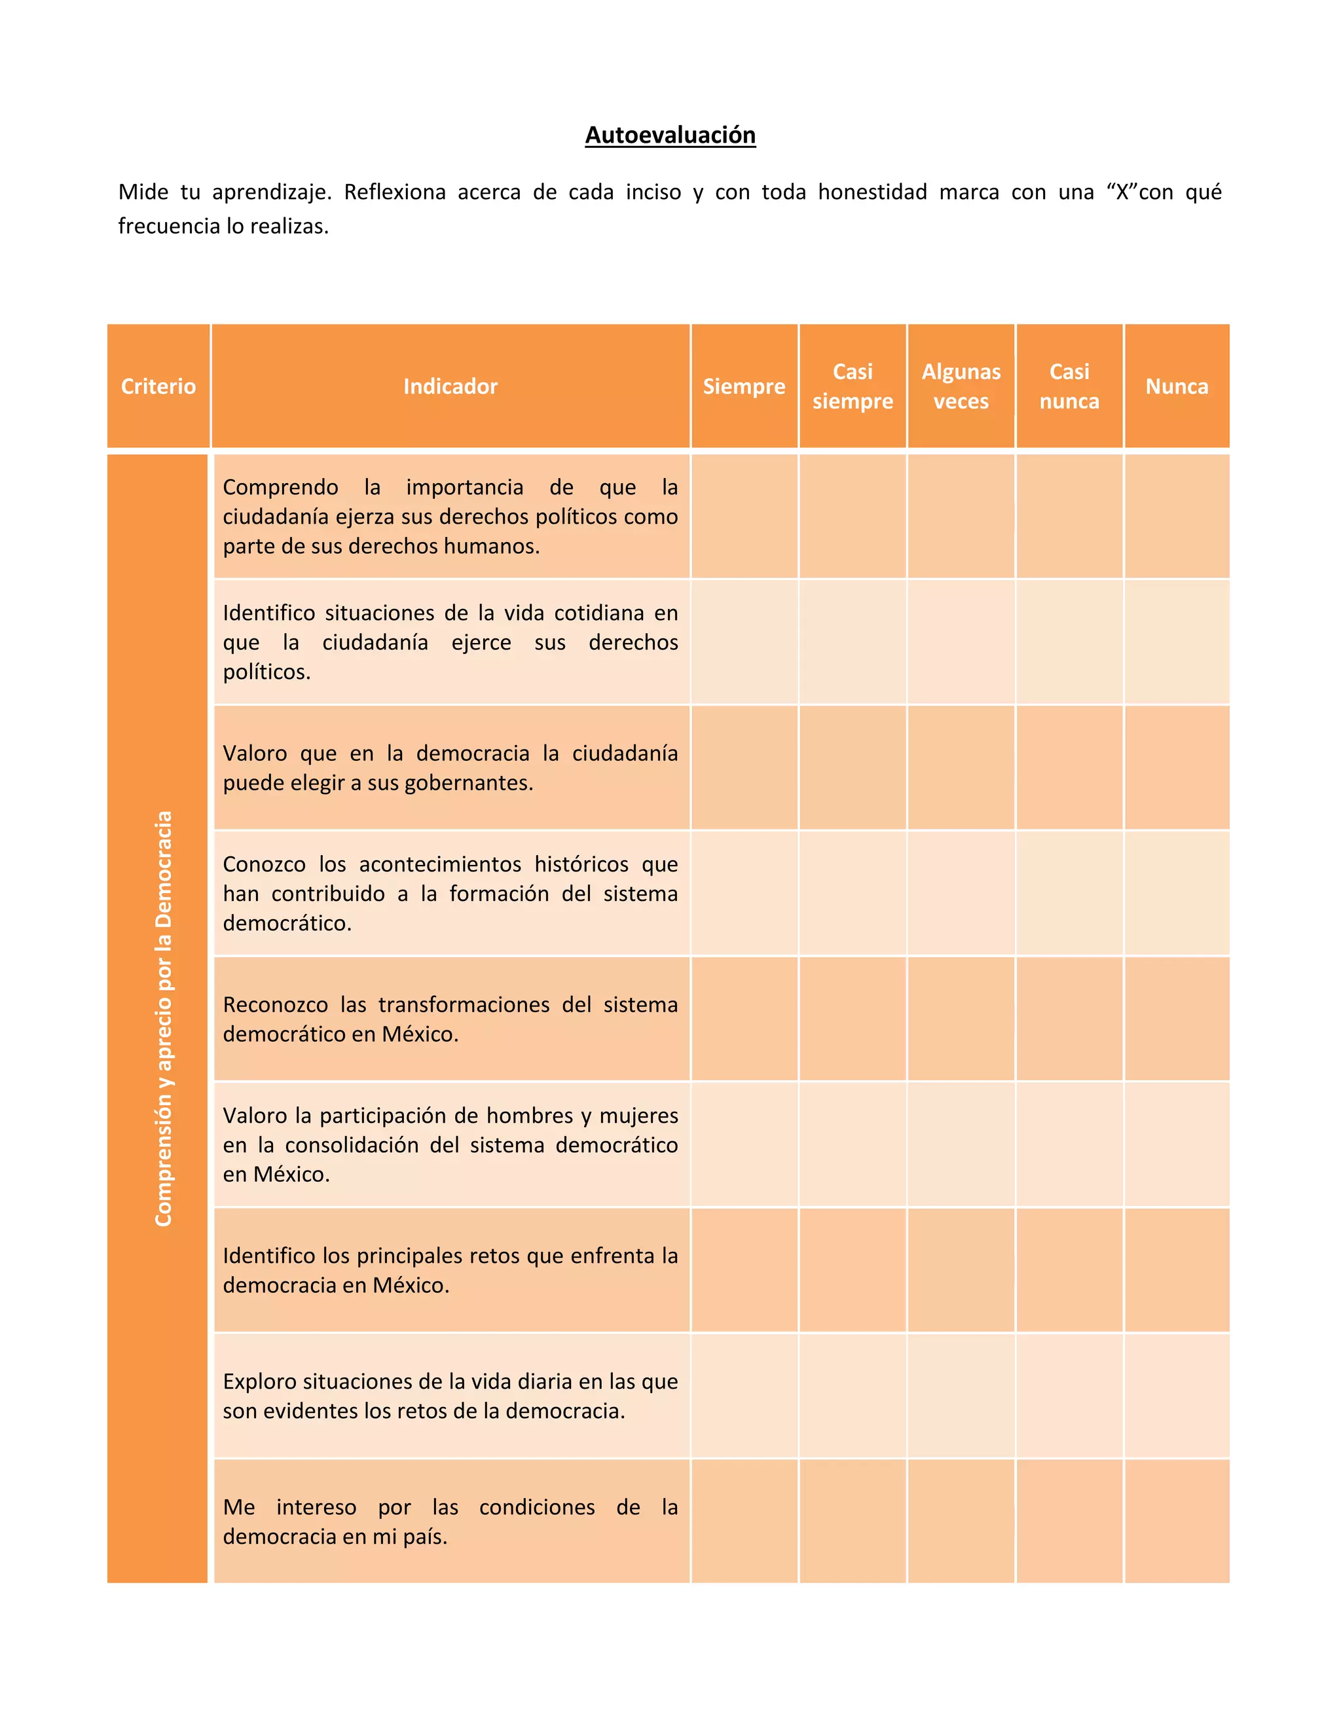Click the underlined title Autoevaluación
(x=670, y=135)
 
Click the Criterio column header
(x=158, y=386)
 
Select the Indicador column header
(x=450, y=386)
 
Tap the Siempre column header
(x=744, y=386)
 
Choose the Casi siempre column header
(x=853, y=386)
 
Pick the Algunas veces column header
(x=961, y=386)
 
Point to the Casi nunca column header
(x=1069, y=386)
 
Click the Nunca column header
(x=1177, y=386)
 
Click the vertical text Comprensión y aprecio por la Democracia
(x=164, y=1019)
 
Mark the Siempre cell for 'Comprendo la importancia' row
(x=744, y=517)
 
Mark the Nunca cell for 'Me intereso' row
(x=1177, y=1520)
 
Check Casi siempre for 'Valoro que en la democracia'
(x=853, y=767)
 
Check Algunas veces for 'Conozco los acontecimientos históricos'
(x=961, y=893)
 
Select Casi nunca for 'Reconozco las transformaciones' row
(x=1069, y=1019)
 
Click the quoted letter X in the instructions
(x=1122, y=192)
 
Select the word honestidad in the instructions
(x=872, y=192)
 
